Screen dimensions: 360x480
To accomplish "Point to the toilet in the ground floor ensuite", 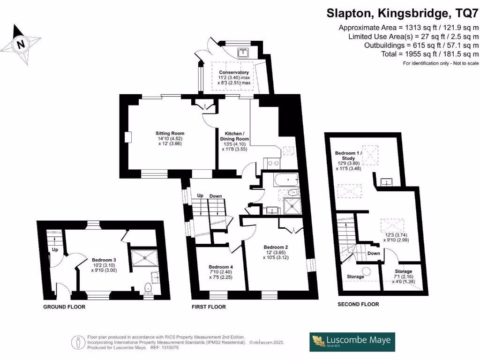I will click(x=149, y=288).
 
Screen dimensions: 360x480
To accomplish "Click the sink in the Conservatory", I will click(x=243, y=52).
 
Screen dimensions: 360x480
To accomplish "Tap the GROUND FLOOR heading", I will click(x=64, y=307).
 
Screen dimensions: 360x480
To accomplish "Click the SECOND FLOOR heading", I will click(x=358, y=304).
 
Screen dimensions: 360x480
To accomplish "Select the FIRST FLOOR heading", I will click(x=209, y=307).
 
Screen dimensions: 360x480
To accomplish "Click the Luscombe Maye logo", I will click(x=352, y=342).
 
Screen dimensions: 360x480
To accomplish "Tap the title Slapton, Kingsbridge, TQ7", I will click(x=403, y=13).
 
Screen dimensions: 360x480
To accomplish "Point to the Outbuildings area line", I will click(x=421, y=45).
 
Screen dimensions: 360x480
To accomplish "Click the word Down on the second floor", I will click(x=374, y=253).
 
